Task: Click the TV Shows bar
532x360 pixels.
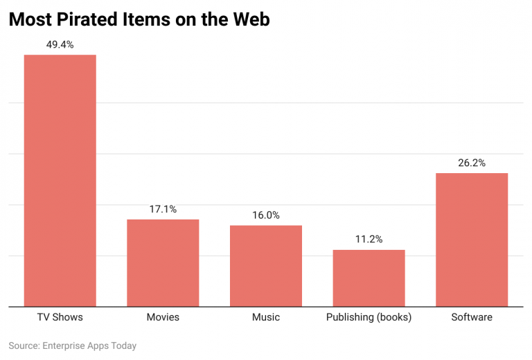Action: pyautogui.click(x=60, y=180)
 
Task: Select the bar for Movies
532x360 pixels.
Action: pyautogui.click(x=163, y=262)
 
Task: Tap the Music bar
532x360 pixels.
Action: pyautogui.click(x=266, y=265)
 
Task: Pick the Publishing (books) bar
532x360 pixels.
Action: pyautogui.click(x=369, y=278)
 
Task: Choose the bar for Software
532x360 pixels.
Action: pyautogui.click(x=472, y=239)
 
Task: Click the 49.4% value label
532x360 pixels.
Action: pyautogui.click(x=60, y=44)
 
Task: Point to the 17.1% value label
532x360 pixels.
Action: pyautogui.click(x=163, y=208)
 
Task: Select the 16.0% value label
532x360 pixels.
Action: pyautogui.click(x=266, y=215)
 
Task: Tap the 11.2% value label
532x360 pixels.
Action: pyautogui.click(x=369, y=239)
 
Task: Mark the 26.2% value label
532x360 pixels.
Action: pyautogui.click(x=472, y=163)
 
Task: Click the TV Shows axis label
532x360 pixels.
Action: pyautogui.click(x=60, y=317)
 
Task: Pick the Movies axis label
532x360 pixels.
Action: pyautogui.click(x=163, y=317)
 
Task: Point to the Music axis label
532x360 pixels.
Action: pyautogui.click(x=266, y=317)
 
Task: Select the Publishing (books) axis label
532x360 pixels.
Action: pyautogui.click(x=369, y=317)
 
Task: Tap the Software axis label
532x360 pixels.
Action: pyautogui.click(x=472, y=317)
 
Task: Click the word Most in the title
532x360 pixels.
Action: pyautogui.click(x=29, y=20)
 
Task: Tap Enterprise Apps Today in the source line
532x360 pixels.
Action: pyautogui.click(x=90, y=345)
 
